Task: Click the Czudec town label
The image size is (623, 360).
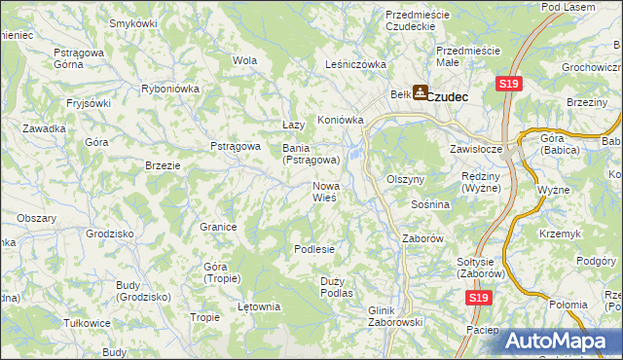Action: [449, 96]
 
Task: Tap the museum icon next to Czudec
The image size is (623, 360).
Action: [420, 93]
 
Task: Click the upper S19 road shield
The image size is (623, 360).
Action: [507, 85]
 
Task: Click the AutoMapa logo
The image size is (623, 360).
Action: [564, 342]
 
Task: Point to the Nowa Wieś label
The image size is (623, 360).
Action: [325, 192]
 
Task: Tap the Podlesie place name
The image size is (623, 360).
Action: [314, 249]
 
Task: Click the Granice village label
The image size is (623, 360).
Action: [219, 227]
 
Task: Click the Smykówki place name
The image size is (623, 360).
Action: [133, 22]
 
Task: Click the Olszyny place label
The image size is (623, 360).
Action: [406, 180]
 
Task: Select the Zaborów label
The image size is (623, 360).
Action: [423, 237]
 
